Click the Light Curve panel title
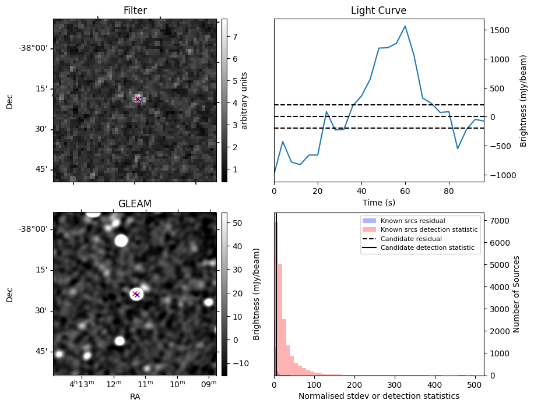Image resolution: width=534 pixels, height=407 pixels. [x=378, y=10]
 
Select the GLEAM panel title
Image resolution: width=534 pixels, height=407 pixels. [x=135, y=204]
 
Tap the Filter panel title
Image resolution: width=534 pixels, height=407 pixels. [x=135, y=10]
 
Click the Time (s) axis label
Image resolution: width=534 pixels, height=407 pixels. [x=378, y=201]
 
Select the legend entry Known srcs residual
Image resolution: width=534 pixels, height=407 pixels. [x=412, y=221]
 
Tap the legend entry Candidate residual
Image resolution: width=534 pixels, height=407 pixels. [x=411, y=239]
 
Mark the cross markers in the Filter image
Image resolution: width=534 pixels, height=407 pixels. [x=138, y=99]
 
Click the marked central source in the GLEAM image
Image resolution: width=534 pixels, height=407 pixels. [x=136, y=294]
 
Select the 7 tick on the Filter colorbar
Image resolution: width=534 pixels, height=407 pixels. [x=234, y=36]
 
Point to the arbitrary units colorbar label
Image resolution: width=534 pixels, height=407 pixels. [x=244, y=100]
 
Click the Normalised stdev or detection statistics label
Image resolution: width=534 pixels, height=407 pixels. [x=378, y=396]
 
